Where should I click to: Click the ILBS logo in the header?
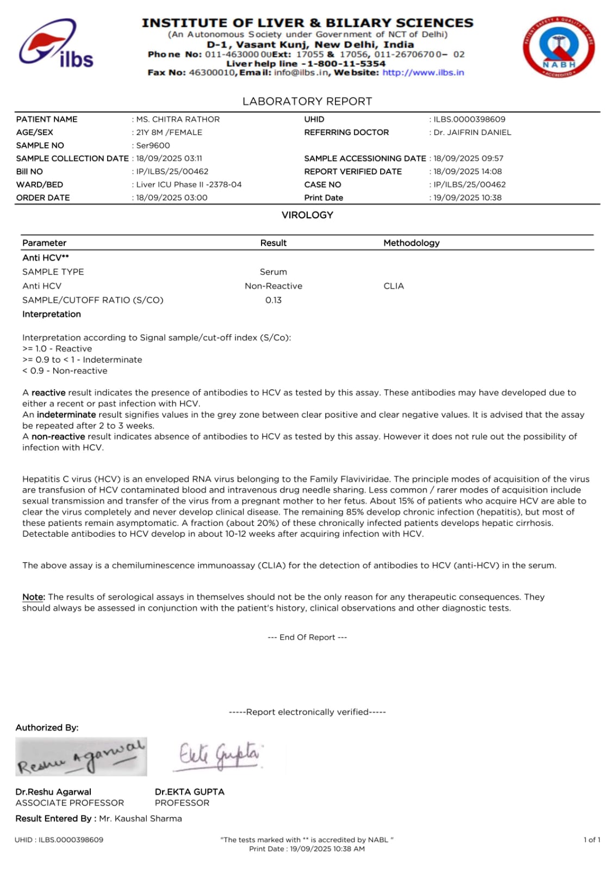(x=56, y=45)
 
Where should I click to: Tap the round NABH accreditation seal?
(x=558, y=47)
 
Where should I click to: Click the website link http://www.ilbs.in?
(x=423, y=72)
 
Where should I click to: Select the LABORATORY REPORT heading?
(x=307, y=101)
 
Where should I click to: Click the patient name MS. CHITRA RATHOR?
(x=178, y=119)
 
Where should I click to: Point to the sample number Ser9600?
(x=153, y=145)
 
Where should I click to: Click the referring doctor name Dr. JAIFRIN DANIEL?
(x=472, y=132)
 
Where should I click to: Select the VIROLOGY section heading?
(x=307, y=215)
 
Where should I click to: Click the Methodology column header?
(x=411, y=243)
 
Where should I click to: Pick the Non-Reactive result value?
(x=273, y=286)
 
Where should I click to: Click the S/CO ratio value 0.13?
(x=273, y=300)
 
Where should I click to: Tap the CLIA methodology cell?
(x=393, y=286)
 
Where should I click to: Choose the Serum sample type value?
(x=273, y=272)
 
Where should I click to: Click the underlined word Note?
(x=33, y=597)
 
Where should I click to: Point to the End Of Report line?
(x=307, y=637)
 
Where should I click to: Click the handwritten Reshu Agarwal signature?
(x=81, y=757)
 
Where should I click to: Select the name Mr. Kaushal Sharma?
(x=140, y=818)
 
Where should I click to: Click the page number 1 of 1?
(x=592, y=839)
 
